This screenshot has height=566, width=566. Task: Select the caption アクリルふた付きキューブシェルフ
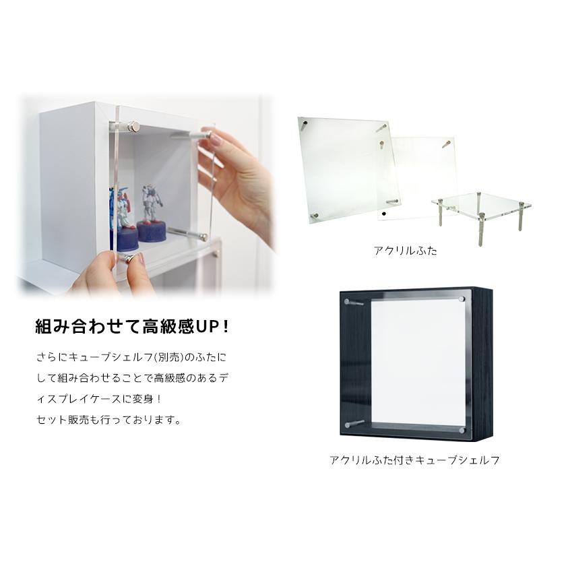click(x=414, y=461)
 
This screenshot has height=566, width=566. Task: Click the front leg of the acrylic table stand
click(x=480, y=222)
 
